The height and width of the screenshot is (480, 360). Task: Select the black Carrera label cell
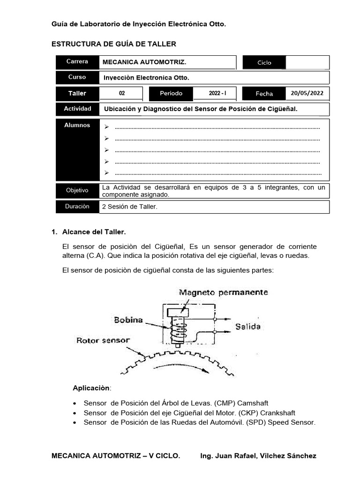pos(77,62)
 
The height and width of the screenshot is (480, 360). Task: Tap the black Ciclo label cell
pos(264,62)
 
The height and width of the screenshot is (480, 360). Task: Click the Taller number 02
pos(122,93)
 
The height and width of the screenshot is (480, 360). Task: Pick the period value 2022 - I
pos(217,93)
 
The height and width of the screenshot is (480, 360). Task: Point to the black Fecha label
pos(264,94)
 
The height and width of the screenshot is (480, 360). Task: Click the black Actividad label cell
pos(77,109)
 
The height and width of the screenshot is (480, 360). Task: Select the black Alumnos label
pos(77,126)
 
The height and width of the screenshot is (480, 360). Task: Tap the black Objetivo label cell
pos(77,190)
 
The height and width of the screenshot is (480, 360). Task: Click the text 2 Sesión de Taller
pos(129,207)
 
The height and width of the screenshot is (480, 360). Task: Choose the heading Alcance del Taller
pos(94,232)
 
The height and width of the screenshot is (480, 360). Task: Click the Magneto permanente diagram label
pos(223,292)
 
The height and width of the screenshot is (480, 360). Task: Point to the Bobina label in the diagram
pos(127,320)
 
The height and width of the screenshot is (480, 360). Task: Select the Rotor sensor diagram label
pos(103,340)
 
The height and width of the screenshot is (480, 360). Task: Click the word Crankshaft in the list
pos(277,413)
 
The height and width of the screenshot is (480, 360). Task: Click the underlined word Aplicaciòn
pos(91,388)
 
